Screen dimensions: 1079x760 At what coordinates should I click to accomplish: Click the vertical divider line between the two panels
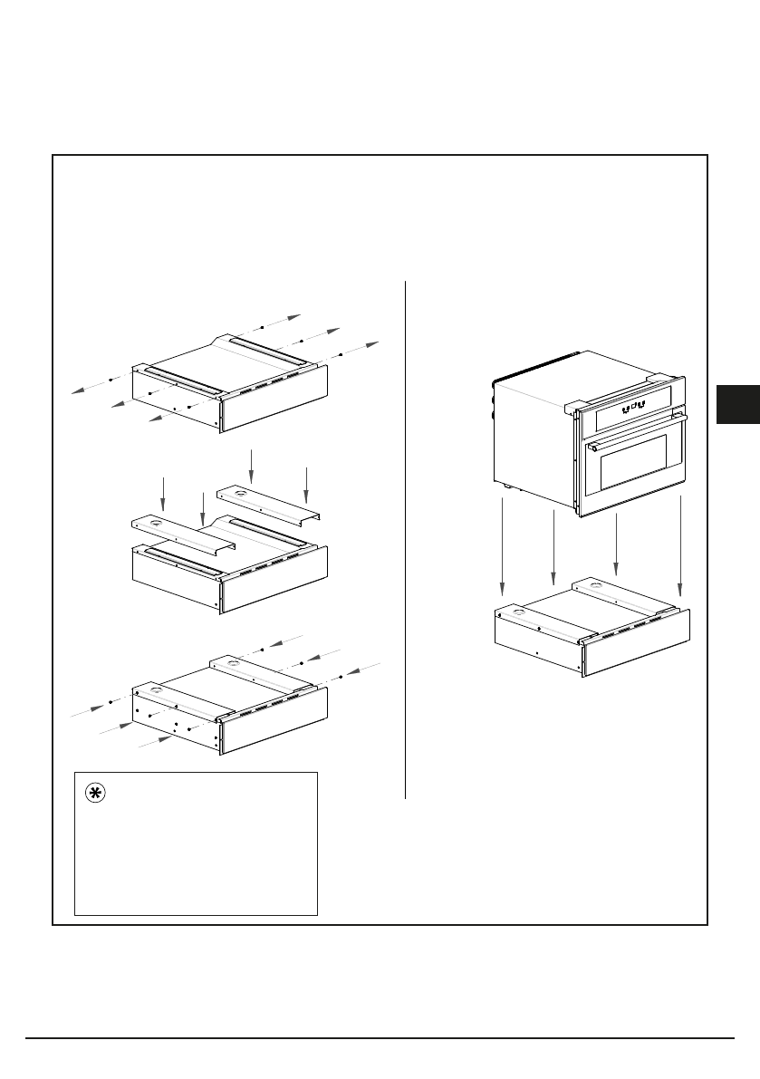[x=405, y=544]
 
